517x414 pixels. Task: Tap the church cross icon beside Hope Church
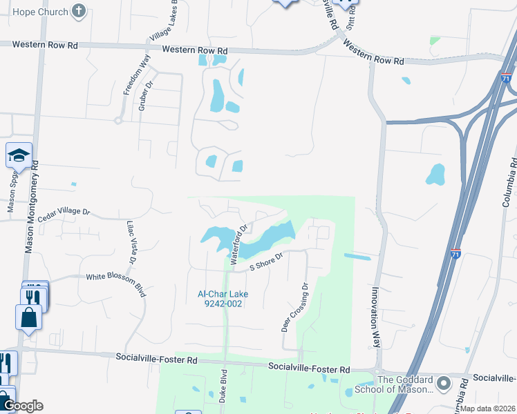point(79,11)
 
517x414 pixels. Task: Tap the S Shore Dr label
point(267,262)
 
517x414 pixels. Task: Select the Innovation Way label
point(377,321)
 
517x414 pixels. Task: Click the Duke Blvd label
point(223,389)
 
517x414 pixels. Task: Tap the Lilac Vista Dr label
point(130,242)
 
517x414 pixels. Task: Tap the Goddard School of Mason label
point(405,385)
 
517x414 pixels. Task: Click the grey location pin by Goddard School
point(444,382)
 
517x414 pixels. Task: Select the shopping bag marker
point(28,317)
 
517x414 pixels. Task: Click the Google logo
point(23,406)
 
